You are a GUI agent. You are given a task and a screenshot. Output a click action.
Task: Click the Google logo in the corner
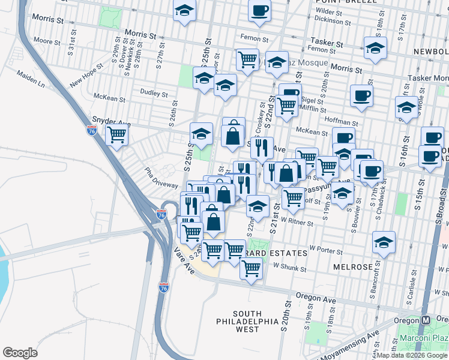point(20,353)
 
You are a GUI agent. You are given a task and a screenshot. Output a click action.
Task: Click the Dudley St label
point(154,94)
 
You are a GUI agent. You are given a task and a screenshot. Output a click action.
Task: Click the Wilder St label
point(328,11)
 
